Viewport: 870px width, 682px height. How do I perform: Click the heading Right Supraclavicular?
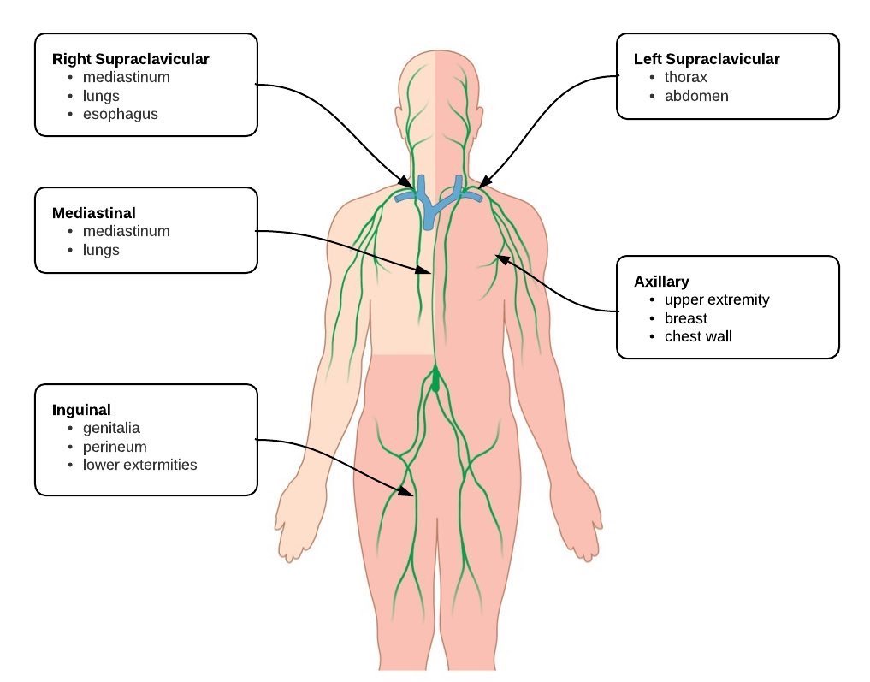coord(131,59)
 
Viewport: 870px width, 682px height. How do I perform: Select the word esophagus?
coord(120,114)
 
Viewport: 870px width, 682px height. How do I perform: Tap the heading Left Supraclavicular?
coord(707,59)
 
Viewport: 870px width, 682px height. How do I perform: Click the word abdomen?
coord(696,96)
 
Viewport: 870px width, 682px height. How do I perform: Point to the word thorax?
coord(686,78)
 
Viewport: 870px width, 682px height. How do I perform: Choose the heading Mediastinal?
coord(94,212)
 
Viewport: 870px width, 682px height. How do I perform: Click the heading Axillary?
coord(661,281)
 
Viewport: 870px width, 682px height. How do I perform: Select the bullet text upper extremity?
coord(717,299)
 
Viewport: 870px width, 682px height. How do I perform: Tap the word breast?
coord(686,318)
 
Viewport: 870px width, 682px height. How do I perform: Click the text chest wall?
coord(698,336)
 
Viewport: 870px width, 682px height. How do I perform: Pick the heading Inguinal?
coord(81,409)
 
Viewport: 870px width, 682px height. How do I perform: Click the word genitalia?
coord(111,428)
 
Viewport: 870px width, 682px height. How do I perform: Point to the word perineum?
coord(115,447)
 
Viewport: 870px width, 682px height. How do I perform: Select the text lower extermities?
coord(139,465)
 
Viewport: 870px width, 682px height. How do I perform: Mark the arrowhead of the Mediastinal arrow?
coord(429,271)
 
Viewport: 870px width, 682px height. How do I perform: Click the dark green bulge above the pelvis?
coord(435,380)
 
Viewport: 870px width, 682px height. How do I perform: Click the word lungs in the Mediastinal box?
coord(101,250)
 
